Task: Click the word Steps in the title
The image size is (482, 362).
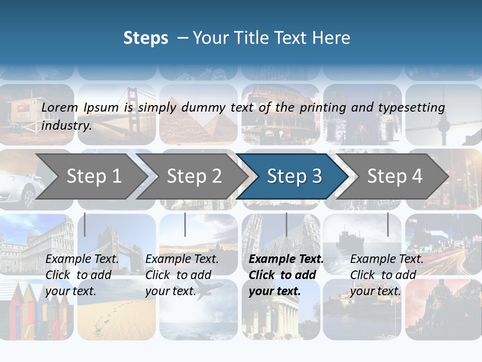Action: (x=146, y=38)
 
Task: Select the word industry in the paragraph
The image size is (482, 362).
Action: (x=66, y=125)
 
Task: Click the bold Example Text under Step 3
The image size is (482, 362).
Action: (x=286, y=259)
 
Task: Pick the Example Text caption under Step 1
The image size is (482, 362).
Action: (x=82, y=259)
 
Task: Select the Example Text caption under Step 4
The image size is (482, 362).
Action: (x=387, y=259)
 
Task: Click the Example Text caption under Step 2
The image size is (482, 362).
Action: (x=182, y=259)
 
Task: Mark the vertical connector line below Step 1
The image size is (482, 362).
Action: (x=85, y=224)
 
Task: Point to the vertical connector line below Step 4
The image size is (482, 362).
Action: (x=388, y=224)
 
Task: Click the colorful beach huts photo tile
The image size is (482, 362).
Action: (x=35, y=309)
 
